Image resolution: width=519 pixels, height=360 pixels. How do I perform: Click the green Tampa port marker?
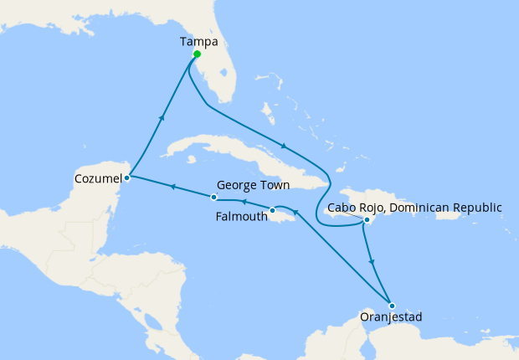coord(197,55)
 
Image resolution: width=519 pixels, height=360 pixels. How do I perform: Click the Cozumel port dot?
coord(126,177)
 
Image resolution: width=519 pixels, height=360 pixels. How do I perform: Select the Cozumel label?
coord(96,177)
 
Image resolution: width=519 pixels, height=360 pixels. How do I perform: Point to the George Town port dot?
coord(214,198)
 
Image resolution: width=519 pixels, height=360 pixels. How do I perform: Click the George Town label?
coord(254,185)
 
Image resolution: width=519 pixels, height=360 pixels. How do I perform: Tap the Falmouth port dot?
coord(272,209)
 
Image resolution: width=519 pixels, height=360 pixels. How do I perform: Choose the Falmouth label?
coord(241,216)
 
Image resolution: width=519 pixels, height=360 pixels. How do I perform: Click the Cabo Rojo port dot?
coord(367,220)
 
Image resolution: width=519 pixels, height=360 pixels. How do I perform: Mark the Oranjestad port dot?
coord(391,306)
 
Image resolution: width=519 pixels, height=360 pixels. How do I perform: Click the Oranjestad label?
coord(391,318)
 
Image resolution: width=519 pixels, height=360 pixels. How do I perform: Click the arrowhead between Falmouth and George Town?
coord(242,202)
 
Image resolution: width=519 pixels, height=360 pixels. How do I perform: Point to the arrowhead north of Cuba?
coord(286,143)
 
